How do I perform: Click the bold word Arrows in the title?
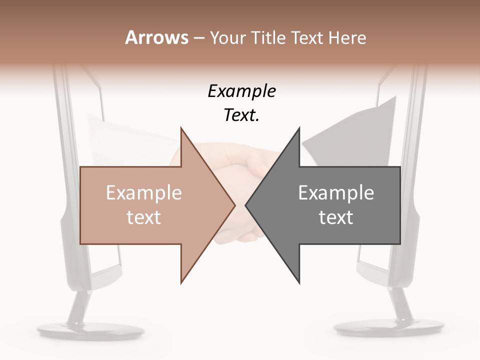[156, 37]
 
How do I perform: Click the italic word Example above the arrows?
[241, 91]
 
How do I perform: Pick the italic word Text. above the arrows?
[241, 115]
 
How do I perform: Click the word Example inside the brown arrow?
[144, 193]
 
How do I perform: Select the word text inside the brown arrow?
[144, 217]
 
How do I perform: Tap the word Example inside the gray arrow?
[336, 193]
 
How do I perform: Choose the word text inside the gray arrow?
[336, 217]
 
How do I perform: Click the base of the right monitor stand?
[388, 328]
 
